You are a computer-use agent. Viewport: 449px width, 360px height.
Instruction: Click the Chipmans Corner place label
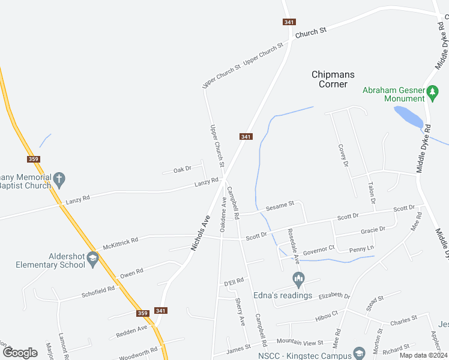[x=333, y=79]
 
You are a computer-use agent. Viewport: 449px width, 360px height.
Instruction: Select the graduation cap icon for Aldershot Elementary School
[x=92, y=259]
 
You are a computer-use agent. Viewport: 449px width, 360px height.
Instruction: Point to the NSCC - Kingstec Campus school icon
[x=360, y=353]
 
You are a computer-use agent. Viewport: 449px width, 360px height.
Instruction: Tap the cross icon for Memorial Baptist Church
[x=58, y=178]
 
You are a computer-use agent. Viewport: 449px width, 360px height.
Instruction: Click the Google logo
[x=20, y=353]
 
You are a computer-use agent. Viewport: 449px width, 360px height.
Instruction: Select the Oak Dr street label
[x=182, y=170]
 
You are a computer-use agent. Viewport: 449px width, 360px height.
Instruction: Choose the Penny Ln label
[x=362, y=248]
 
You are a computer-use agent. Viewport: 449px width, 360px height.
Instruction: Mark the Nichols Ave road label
[x=200, y=232]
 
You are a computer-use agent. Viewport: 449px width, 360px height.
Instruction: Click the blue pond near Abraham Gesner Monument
[x=408, y=116]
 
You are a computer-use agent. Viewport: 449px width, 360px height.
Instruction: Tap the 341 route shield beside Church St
[x=289, y=22]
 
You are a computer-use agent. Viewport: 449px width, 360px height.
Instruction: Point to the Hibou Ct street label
[x=327, y=316]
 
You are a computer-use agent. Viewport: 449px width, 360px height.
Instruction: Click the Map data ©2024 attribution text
[x=422, y=355]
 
